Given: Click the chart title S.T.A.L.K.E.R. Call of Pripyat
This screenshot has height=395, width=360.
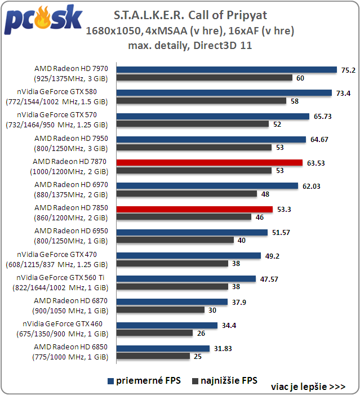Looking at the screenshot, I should pyautogui.click(x=190, y=15).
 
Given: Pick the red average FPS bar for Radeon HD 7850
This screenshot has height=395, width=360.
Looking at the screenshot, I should pyautogui.click(x=194, y=209).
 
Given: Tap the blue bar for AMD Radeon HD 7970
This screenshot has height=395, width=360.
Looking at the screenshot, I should pyautogui.click(x=226, y=70).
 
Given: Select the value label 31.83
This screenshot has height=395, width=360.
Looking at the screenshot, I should pyautogui.click(x=222, y=348).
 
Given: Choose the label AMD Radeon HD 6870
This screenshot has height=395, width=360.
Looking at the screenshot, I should pyautogui.click(x=71, y=301).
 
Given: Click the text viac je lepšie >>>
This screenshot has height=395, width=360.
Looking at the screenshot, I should pyautogui.click(x=308, y=387).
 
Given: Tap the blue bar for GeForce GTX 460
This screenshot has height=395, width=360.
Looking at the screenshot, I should pyautogui.click(x=167, y=325).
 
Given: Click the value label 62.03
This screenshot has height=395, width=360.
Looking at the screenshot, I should pyautogui.click(x=312, y=186).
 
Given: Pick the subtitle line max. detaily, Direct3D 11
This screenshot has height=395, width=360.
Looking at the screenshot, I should pyautogui.click(x=190, y=46).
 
